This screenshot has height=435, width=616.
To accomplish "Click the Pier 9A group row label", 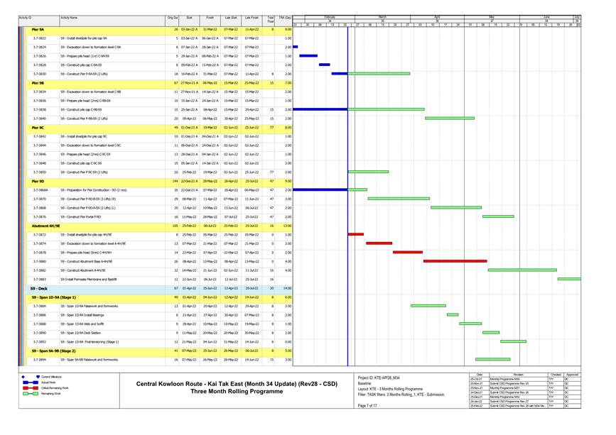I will tap(38, 28).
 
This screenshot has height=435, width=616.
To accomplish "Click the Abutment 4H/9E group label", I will tap(50, 226).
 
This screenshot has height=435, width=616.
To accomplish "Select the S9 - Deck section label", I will tap(38, 289).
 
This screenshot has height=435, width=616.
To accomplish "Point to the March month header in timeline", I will tap(382, 16).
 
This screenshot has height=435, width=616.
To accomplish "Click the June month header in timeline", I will tap(546, 16).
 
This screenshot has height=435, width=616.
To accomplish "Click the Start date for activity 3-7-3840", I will tap(189, 119).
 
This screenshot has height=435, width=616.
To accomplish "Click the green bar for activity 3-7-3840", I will tap(450, 119).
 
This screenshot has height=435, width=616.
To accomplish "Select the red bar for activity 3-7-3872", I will tap(356, 234).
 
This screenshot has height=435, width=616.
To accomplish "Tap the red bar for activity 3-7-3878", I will tap(408, 252).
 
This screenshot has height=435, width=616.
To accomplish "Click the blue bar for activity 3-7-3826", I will tap(308, 55).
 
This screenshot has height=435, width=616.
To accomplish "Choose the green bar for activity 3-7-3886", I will tap(453, 315).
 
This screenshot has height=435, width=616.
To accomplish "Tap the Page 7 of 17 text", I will tap(368, 405).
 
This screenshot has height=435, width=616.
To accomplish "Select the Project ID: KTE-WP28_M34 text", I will tap(379, 377).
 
